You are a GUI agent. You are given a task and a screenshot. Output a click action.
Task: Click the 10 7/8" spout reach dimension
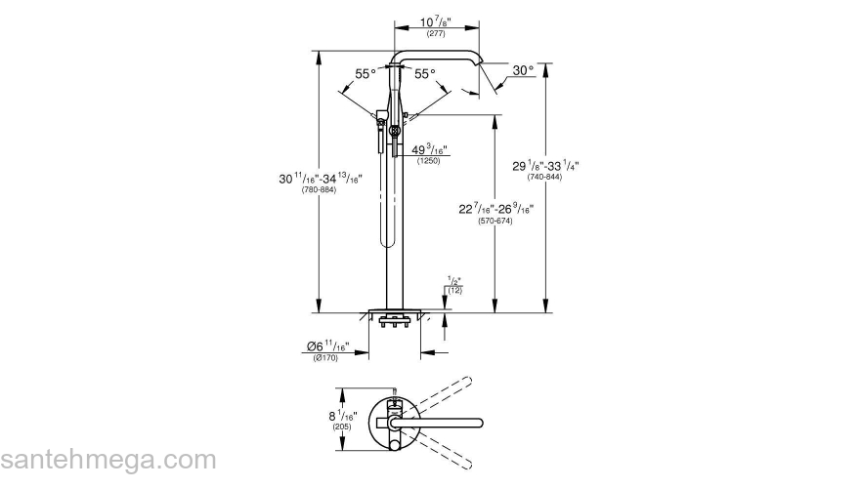pos(435,22)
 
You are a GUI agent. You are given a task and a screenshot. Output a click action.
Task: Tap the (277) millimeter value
pos(435,34)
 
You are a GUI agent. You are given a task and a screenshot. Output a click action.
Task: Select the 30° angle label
pos(523,70)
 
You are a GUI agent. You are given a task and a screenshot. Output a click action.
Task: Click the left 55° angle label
pos(365,74)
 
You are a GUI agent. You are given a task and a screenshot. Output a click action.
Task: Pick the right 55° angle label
pos(423,74)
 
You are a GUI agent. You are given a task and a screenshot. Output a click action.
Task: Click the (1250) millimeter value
pos(428,160)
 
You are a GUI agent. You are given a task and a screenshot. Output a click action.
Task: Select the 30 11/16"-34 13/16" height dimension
pos(321,178)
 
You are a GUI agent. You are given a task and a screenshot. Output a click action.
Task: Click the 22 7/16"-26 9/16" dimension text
pos(495,209)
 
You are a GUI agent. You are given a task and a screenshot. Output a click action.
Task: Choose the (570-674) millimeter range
pos(495,222)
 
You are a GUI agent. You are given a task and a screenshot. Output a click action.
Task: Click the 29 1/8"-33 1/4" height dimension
pos(545,166)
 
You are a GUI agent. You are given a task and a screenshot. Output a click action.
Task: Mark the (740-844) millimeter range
pos(545,178)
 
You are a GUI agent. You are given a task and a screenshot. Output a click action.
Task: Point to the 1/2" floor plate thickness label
pos(454,282)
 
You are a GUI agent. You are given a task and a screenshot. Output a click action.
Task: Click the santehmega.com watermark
pos(107,461)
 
